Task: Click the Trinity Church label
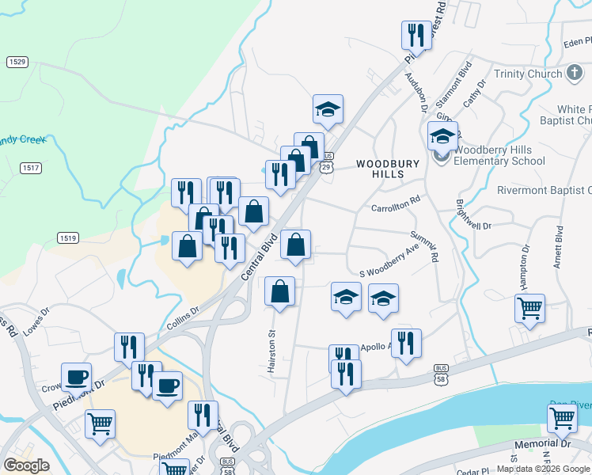pos(527,74)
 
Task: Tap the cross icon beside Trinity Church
pos(575,74)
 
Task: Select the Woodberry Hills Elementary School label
pos(500,155)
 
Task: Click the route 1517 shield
pos(31,167)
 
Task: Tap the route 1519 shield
pos(67,237)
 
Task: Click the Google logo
pos(25,465)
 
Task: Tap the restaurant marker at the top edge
pos(416,35)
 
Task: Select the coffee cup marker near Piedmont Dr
pos(77,378)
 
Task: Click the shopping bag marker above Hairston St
pos(280,292)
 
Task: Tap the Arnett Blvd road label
pos(559,249)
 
